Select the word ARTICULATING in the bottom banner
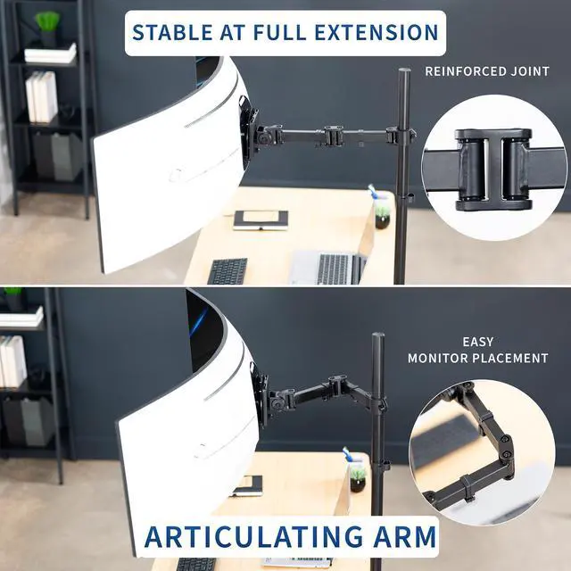[x=260, y=537]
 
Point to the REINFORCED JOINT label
[x=486, y=70]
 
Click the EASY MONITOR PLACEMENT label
[x=478, y=350]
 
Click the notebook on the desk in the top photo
[x=261, y=219]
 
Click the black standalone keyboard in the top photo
[x=228, y=271]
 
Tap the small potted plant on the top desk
[x=382, y=211]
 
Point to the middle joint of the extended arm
[x=334, y=136]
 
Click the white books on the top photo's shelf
[x=41, y=96]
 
